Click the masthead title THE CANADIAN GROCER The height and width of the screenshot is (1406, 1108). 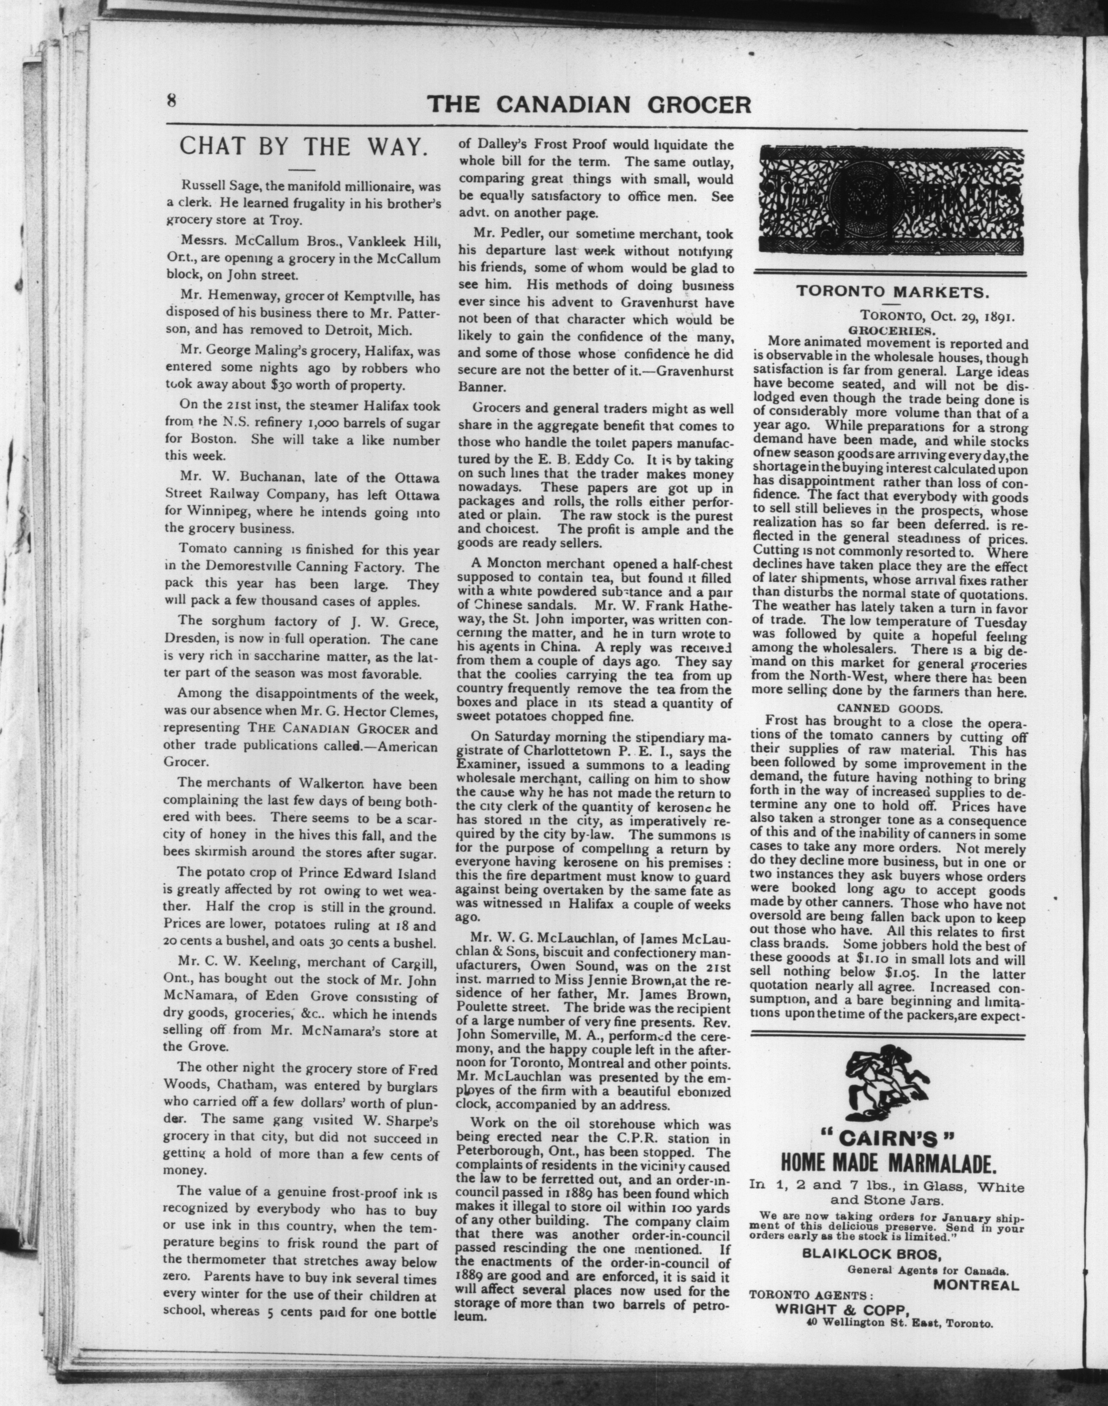pyautogui.click(x=589, y=104)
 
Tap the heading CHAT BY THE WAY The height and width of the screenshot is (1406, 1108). pyautogui.click(x=302, y=146)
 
